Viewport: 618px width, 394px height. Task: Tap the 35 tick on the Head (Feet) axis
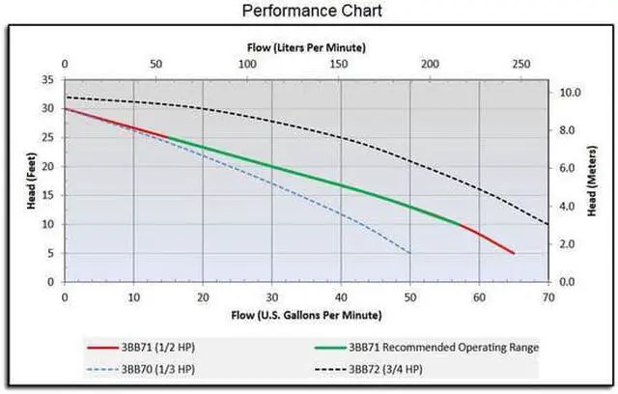[49, 80]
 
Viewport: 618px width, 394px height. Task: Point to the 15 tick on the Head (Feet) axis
[49, 195]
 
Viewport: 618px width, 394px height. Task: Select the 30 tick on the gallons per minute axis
[272, 297]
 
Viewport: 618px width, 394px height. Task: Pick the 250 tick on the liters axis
[521, 64]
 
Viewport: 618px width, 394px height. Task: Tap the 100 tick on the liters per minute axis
[247, 64]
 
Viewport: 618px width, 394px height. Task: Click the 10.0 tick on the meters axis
[571, 94]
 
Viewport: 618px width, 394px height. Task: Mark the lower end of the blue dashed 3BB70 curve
[410, 253]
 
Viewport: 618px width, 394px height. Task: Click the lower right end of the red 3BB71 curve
[514, 253]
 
